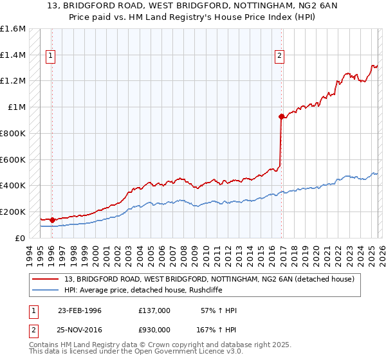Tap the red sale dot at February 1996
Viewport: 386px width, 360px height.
pos(52,220)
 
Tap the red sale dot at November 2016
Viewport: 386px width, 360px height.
pos(281,116)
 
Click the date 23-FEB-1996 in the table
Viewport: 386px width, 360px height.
pos(79,310)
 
